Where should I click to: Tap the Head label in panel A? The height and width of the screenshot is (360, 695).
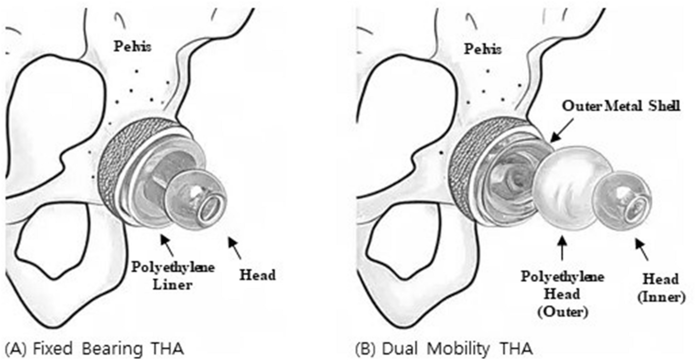(x=257, y=275)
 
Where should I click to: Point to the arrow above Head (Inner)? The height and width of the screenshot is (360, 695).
(x=642, y=249)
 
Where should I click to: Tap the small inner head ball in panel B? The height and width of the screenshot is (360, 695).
(x=621, y=198)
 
